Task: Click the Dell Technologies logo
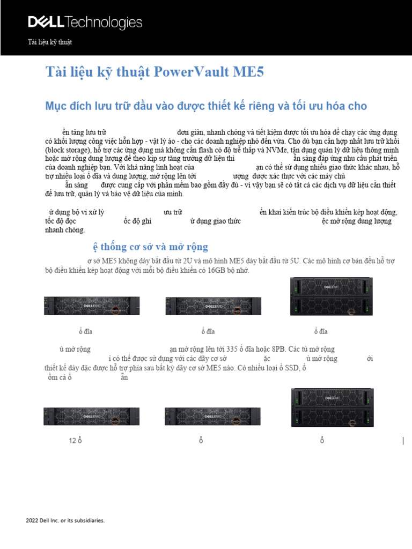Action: pyautogui.click(x=85, y=23)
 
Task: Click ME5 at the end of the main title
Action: pyautogui.click(x=248, y=72)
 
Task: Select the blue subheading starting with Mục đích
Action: pyautogui.click(x=206, y=106)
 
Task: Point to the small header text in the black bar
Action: pyautogui.click(x=49, y=42)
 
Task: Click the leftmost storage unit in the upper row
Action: pyautogui.click(x=92, y=306)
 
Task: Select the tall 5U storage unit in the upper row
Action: pyautogui.click(x=332, y=297)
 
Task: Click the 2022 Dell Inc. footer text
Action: pyautogui.click(x=65, y=521)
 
